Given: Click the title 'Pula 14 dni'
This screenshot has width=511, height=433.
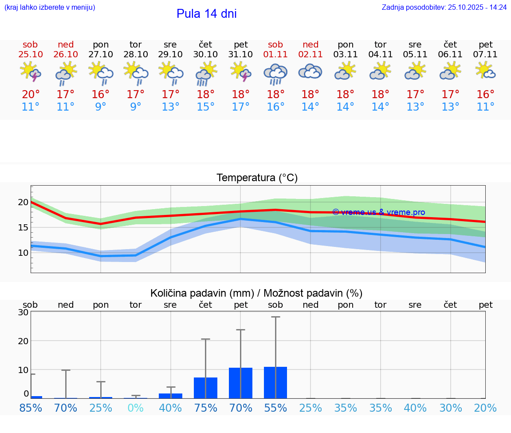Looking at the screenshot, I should point(206,14).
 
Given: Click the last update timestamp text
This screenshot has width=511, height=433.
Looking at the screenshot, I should point(444,7).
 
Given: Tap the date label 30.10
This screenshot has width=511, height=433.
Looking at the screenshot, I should point(205,55).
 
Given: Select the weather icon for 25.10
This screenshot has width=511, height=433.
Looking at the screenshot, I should point(30,72).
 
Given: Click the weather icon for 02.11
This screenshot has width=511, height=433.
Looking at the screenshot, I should point(311,72).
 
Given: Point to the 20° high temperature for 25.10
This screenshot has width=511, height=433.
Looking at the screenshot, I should point(30,95).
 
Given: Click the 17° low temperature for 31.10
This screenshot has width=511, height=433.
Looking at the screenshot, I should point(241,107).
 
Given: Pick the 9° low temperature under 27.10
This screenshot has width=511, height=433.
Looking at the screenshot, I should point(101,107).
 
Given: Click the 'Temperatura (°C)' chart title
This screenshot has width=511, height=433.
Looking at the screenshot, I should point(257,178).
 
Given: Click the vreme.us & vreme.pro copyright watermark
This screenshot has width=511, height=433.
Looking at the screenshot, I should point(378,212).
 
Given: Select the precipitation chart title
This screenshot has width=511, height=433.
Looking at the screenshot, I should point(256,293).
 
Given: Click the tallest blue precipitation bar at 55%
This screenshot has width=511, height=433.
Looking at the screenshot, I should point(275,382).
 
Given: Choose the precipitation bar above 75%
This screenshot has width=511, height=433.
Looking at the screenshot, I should point(205,388).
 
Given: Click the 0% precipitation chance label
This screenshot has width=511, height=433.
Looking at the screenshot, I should point(135,408).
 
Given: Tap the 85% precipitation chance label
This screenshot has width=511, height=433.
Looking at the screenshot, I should point(31,408).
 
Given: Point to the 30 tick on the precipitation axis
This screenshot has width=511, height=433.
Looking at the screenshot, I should point(23,312).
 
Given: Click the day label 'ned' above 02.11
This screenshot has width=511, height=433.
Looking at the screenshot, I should point(311,44).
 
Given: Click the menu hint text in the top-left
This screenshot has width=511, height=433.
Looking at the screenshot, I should point(50,7).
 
